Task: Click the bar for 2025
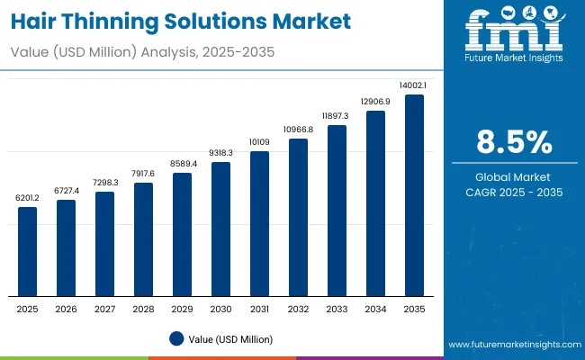[28, 251]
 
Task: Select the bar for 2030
[220, 229]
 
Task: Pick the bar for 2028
[143, 238]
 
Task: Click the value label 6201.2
[28, 197]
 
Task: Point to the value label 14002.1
[414, 85]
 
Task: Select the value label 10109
[259, 141]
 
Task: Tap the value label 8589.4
[182, 163]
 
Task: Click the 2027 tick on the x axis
[104, 308]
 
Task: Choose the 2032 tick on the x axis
[298, 308]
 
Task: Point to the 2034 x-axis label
[375, 308]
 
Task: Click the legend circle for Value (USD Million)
[175, 338]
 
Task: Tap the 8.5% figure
[513, 143]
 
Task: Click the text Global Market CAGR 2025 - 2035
[513, 184]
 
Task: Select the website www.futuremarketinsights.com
[512, 345]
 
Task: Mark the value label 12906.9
[375, 101]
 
